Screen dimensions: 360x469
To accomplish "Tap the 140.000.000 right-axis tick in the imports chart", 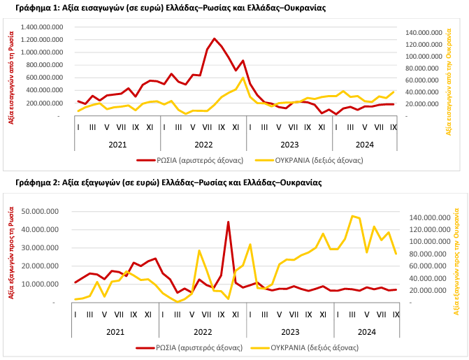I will coord(424,33).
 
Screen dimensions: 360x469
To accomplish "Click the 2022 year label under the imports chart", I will coord(203,144).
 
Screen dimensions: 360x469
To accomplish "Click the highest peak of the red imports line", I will coord(214,38).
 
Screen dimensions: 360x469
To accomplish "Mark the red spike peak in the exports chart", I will coord(229,222).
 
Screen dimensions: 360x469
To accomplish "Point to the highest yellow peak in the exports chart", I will coord(352,216).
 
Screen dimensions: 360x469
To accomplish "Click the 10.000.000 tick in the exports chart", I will coord(46,284).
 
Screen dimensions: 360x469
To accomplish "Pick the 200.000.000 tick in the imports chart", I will coord(47,103).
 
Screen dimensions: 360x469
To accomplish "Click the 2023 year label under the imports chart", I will coord(289,144).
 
